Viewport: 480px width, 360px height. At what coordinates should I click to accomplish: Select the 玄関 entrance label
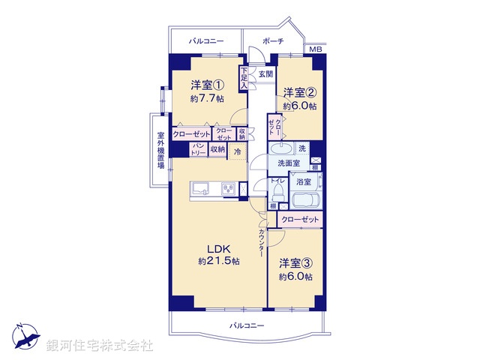[x=266, y=74]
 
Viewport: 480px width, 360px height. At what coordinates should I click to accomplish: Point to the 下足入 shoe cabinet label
[x=244, y=79]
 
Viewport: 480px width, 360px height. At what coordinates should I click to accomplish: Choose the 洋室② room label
[x=299, y=93]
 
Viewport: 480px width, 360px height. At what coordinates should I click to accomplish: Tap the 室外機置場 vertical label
[x=160, y=151]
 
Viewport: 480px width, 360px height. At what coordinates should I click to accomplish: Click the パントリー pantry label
[x=198, y=148]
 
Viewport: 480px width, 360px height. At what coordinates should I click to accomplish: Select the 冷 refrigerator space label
[x=238, y=151]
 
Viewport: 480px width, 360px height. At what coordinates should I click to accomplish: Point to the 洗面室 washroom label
[x=288, y=163]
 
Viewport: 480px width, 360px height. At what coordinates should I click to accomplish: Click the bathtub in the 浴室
[x=305, y=201]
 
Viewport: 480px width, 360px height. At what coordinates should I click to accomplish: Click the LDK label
[x=217, y=248]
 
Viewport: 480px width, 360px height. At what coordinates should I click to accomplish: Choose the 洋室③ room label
[x=296, y=263]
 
